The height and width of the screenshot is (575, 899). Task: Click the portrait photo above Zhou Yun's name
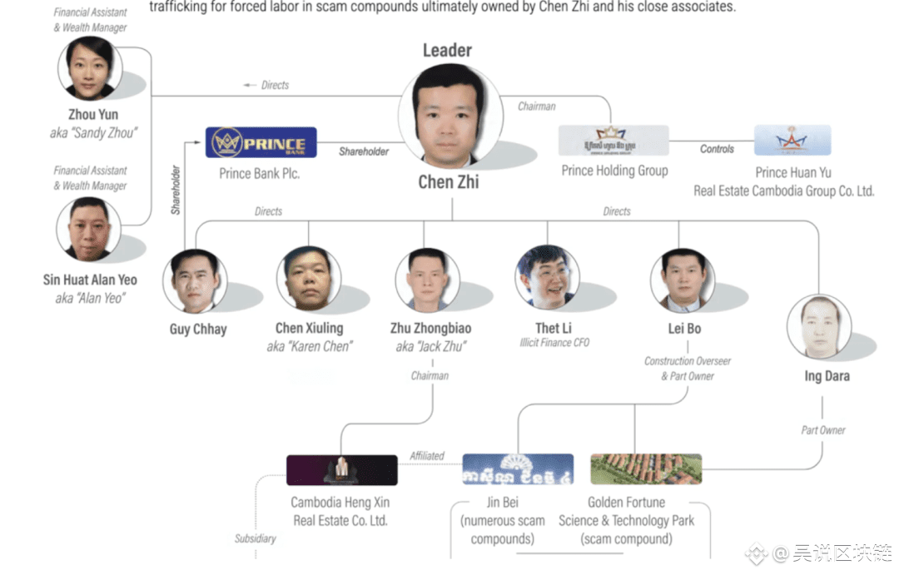pos(90,68)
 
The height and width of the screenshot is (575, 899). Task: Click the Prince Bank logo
pos(261,142)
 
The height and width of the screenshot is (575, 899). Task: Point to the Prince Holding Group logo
pos(613,141)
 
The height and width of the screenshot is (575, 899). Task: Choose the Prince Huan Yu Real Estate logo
pos(792,141)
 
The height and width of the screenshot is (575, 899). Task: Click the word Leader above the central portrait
pos(447,50)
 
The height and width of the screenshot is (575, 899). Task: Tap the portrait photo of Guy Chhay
pos(195,280)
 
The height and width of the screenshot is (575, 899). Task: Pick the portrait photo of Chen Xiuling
pos(309,278)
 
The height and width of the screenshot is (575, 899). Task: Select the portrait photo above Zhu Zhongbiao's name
pos(427,280)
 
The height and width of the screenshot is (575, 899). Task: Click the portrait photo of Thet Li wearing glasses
pos(548,277)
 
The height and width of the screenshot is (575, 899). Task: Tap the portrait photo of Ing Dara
pos(818,327)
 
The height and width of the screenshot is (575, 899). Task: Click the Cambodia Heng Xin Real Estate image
pos(341,469)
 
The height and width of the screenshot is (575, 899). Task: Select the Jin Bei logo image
pos(518,469)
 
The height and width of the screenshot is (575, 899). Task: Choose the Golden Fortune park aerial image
pos(646,469)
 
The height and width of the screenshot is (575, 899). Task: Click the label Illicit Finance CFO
pos(554,343)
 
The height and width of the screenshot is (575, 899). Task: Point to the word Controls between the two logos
pos(717,149)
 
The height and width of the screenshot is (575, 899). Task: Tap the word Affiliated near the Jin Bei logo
pos(427,456)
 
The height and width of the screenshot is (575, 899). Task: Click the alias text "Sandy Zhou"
pos(93,133)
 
